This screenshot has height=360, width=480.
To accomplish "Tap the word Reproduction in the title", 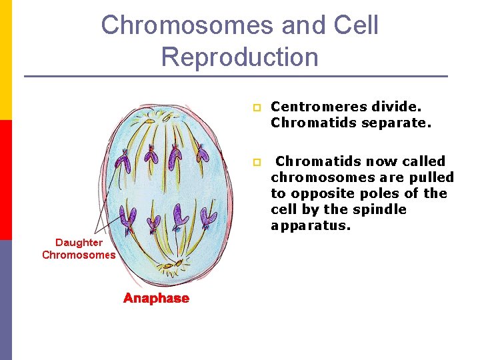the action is pos(239,57).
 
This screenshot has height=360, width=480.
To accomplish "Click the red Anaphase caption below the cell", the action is pos(156,299).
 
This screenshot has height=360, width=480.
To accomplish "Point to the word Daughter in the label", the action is pos(79,243).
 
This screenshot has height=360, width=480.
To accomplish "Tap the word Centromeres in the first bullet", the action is pos(311,107).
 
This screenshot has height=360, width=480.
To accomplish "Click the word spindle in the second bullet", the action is pos(384,209).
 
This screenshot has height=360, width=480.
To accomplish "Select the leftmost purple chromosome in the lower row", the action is pos(129,217).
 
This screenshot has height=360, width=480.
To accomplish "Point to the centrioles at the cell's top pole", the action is pos(164,121).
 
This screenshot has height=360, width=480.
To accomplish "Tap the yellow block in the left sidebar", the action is pos(6,60).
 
